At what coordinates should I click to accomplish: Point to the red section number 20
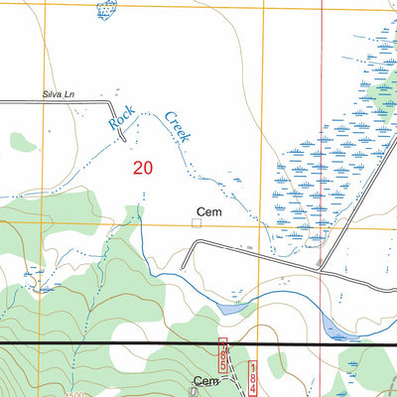pyautogui.click(x=142, y=169)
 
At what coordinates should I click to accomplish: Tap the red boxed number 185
pyautogui.click(x=223, y=354)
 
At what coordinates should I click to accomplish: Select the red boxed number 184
pyautogui.click(x=252, y=378)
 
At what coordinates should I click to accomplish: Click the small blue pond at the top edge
pyautogui.click(x=105, y=9)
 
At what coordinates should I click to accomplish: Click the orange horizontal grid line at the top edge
pyautogui.click(x=198, y=4)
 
